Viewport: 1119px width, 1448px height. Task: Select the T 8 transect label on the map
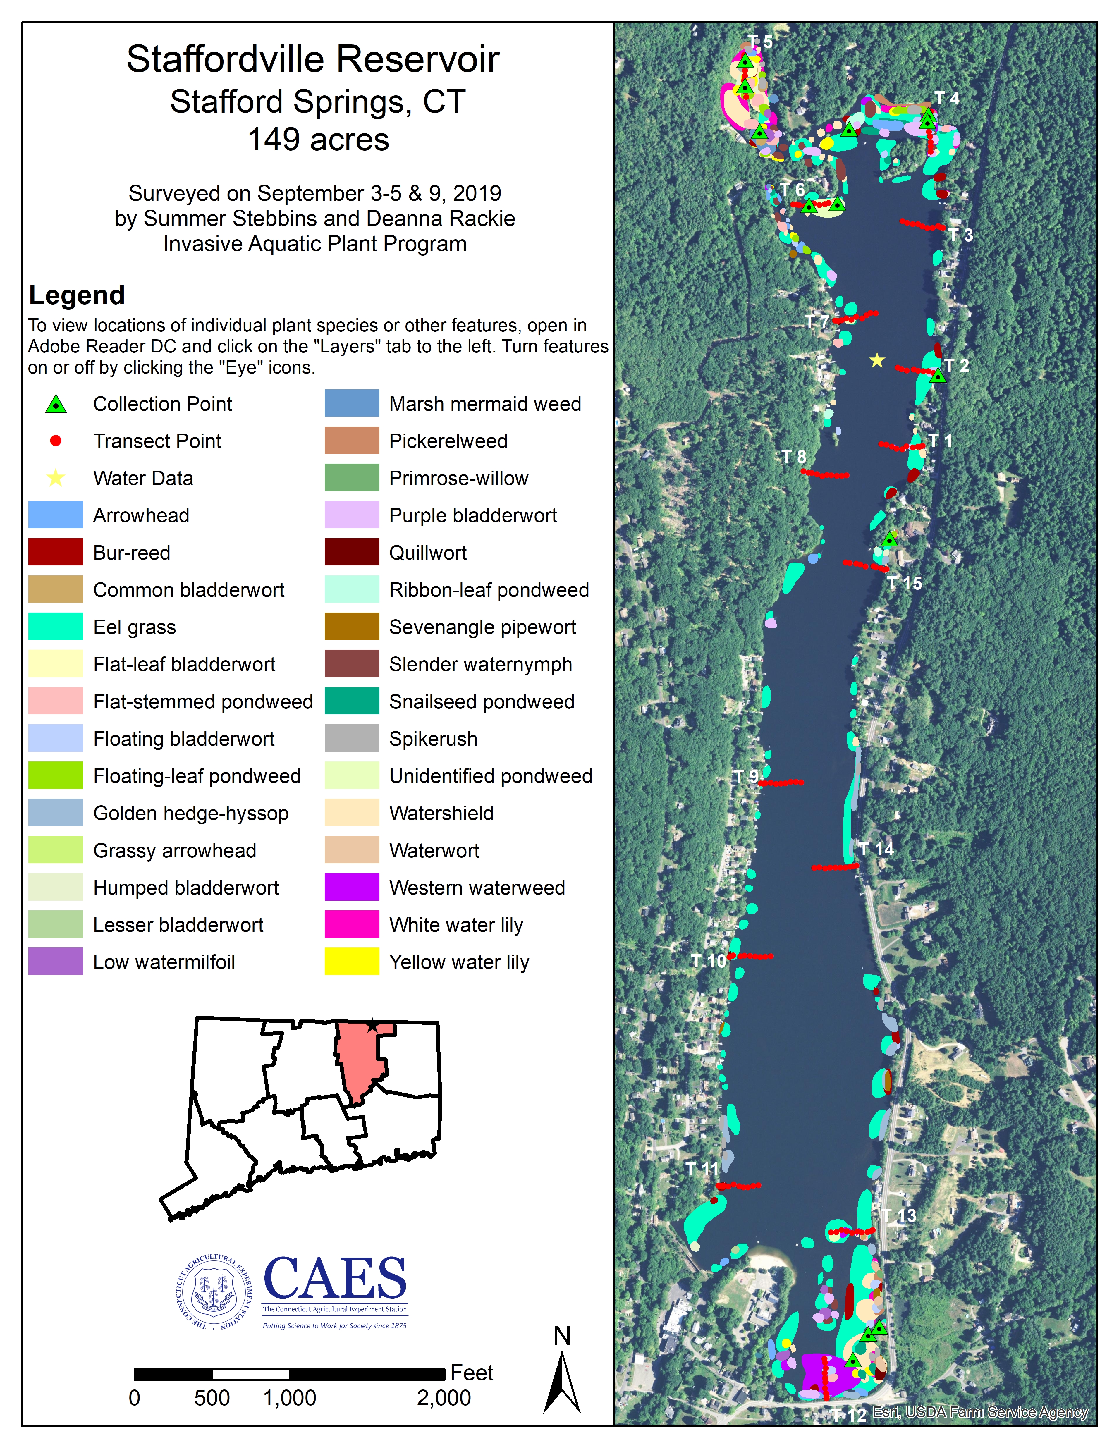[x=793, y=457]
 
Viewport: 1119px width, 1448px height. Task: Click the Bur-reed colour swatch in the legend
[x=56, y=552]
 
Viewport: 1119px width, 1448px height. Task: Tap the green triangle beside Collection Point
[x=56, y=404]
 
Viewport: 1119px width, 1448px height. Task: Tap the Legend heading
[x=77, y=295]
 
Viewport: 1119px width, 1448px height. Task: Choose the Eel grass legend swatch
[x=56, y=627]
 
